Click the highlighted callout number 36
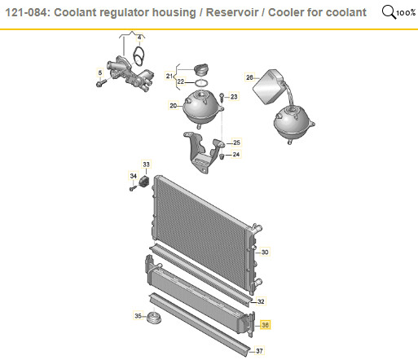click(x=265, y=325)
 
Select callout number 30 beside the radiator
click(x=265, y=252)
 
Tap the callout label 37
click(x=259, y=351)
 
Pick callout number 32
click(x=261, y=301)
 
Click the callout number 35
click(x=138, y=316)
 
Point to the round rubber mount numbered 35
click(x=154, y=318)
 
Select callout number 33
click(x=146, y=165)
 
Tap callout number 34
click(x=133, y=176)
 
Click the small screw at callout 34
click(x=133, y=188)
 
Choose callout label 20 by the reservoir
click(x=173, y=105)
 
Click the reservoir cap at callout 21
click(x=201, y=69)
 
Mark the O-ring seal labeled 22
click(x=201, y=82)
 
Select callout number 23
click(x=234, y=97)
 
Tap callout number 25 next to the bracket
click(x=236, y=143)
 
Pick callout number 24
click(x=236, y=155)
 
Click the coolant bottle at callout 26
click(x=269, y=86)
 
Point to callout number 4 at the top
click(x=139, y=37)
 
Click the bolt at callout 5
click(x=101, y=82)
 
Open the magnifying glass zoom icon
click(x=389, y=12)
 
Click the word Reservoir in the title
click(x=232, y=12)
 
